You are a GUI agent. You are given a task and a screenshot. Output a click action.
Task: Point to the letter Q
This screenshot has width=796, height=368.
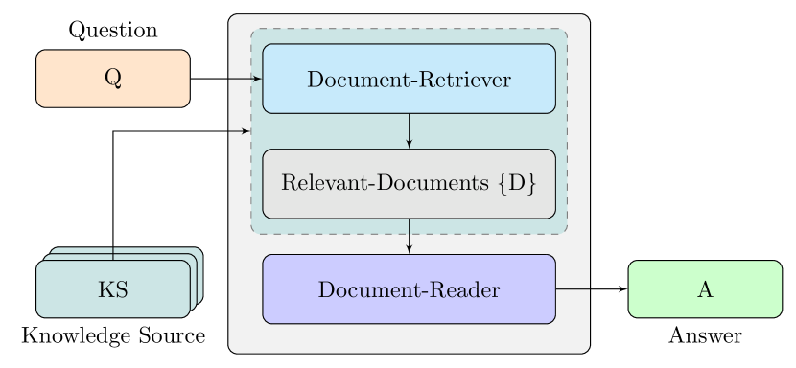point(112,79)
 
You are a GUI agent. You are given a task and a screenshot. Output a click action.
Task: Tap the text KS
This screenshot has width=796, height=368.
point(112,289)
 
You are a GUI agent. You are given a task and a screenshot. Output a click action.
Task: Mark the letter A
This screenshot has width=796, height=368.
point(705,289)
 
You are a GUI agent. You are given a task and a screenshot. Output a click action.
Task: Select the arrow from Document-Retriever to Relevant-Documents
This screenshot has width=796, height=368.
point(410,130)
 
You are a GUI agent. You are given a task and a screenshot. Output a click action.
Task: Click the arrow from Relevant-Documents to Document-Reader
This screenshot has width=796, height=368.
point(410,236)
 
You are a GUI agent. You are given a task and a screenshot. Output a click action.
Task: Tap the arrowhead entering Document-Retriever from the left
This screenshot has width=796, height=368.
point(257,79)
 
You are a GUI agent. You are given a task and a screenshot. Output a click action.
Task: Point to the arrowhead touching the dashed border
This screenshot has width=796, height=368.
point(246,129)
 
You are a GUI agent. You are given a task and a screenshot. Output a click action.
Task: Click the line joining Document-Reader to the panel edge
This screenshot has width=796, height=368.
point(572,288)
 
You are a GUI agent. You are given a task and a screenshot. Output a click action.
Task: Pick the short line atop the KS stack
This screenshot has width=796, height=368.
point(113,253)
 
